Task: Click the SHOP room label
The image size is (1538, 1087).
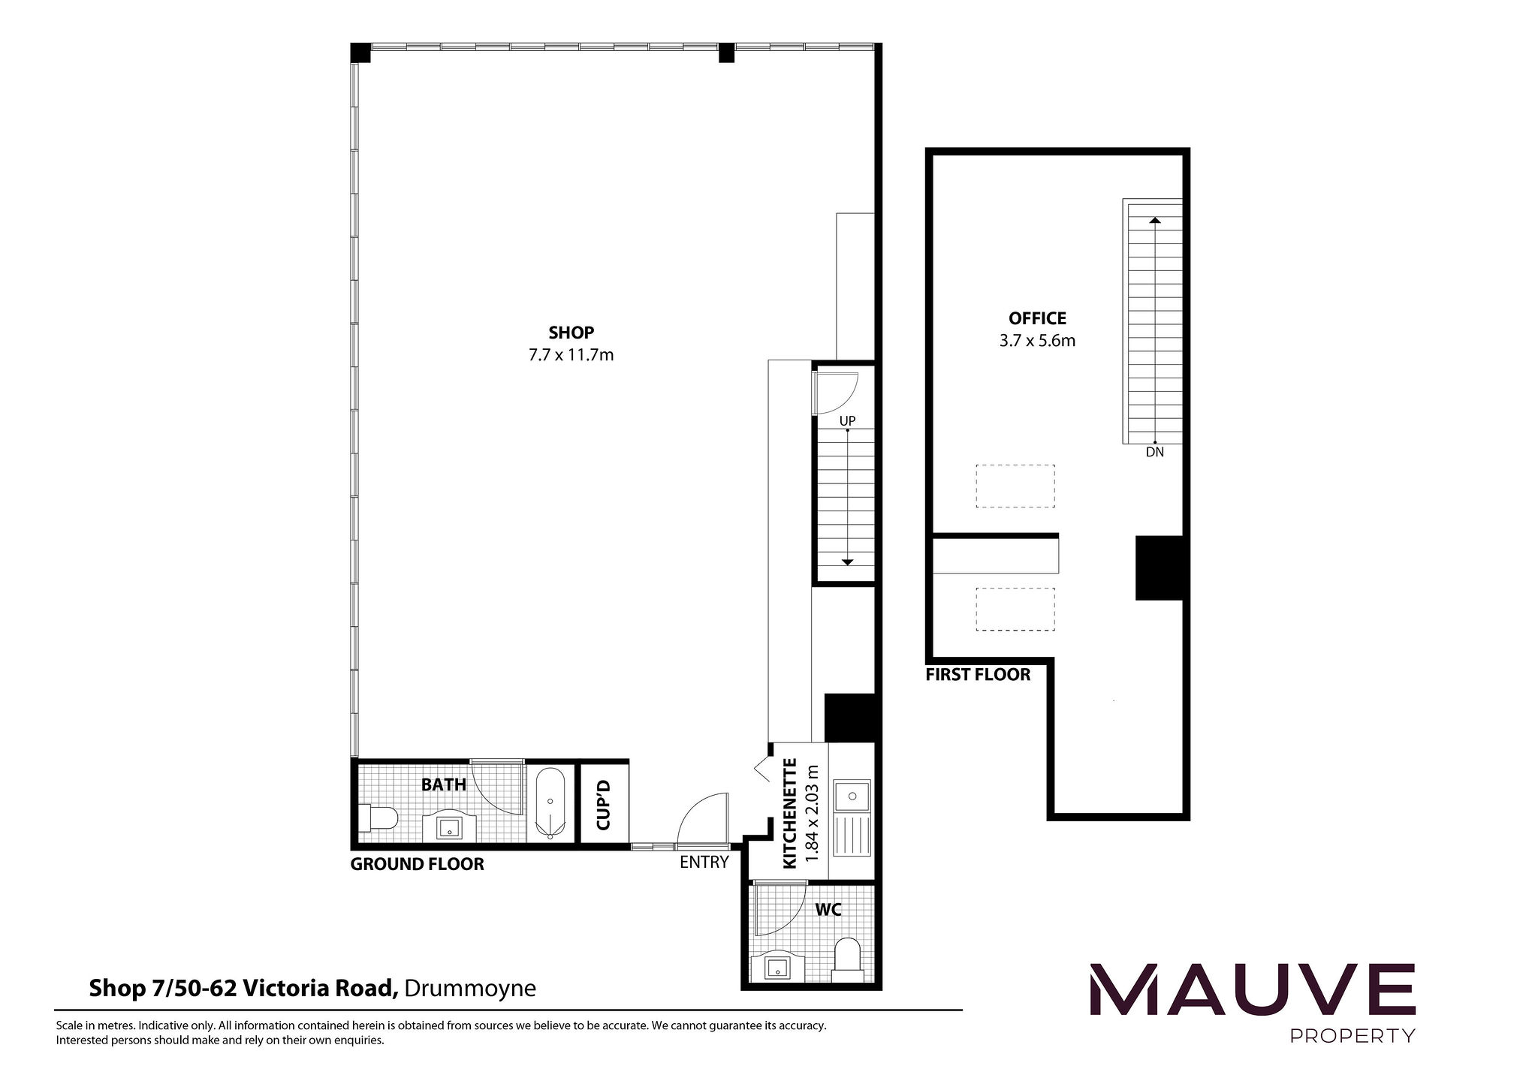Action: pos(571,332)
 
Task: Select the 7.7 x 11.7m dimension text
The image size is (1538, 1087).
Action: pos(571,355)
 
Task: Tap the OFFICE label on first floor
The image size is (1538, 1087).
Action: pos(1037,318)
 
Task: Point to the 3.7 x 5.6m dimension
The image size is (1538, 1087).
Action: pos(1037,341)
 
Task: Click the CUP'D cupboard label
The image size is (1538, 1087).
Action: pos(604,804)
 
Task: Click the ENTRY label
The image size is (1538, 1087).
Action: pos(704,862)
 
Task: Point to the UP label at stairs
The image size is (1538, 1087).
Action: pos(847,420)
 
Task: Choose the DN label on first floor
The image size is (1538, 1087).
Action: pos(1154,453)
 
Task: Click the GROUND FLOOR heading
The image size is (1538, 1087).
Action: pos(417,864)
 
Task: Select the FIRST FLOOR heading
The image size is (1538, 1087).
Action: pos(977,674)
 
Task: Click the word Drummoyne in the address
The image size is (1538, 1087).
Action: pos(469,988)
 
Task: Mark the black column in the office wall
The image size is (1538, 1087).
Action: pos(1159,568)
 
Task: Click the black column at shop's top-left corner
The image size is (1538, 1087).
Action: pos(360,53)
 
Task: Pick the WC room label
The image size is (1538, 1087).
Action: pos(828,910)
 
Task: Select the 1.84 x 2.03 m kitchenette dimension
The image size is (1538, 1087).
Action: pos(810,814)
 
